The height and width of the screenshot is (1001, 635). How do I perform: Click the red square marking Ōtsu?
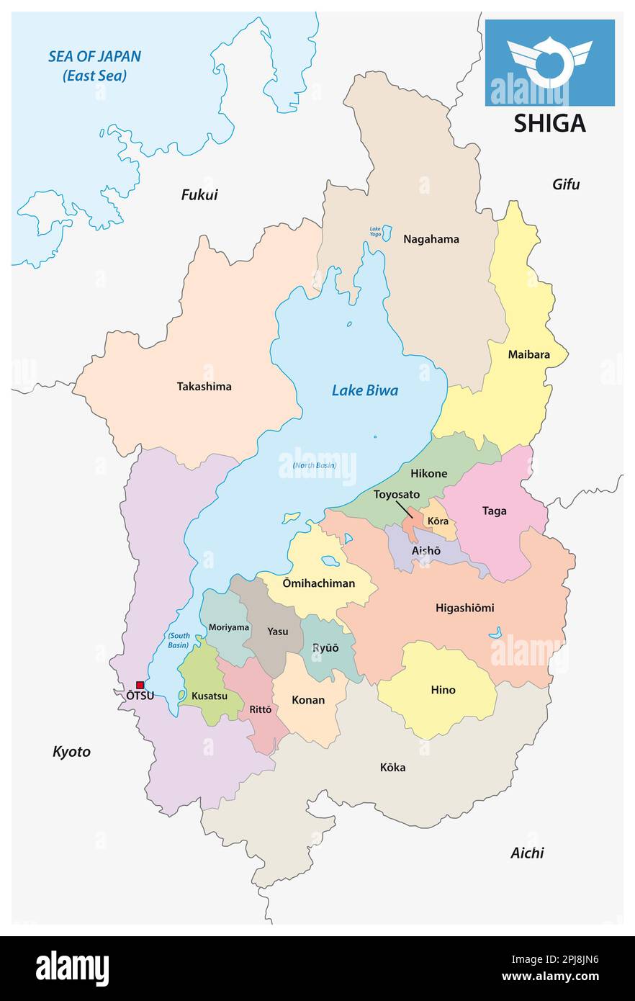140,685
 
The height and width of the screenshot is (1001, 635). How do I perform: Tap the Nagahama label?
431,239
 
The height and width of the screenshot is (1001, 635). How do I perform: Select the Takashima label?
204,387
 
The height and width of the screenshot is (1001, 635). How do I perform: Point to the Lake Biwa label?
364,391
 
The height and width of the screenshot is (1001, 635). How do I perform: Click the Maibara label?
528,354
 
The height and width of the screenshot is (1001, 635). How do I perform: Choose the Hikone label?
428,474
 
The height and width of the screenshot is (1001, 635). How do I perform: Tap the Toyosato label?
396,495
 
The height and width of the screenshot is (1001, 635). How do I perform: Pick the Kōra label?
438,521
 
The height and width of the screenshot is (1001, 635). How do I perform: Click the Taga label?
494,511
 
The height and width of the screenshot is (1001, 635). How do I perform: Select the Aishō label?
425,550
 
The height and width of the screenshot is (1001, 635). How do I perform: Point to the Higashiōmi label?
464,608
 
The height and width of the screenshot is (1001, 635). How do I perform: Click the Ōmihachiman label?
319,583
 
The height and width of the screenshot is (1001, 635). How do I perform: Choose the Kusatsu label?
210,696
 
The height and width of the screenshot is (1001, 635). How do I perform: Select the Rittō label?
260,709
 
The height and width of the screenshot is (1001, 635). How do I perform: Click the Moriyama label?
228,627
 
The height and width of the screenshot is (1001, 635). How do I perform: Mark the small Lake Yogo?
387,233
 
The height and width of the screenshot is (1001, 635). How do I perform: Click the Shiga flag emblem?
549,61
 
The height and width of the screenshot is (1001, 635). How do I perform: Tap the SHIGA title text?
549,124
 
